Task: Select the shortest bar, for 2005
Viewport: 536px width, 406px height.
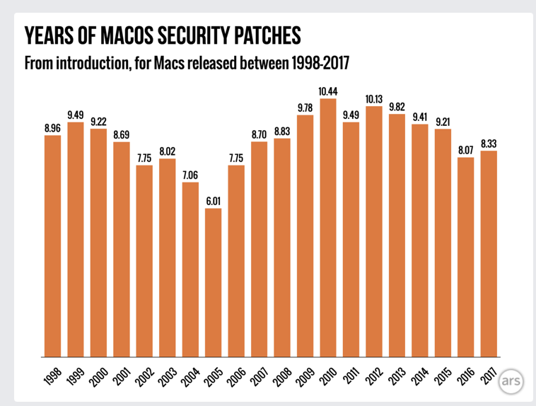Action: [214, 283]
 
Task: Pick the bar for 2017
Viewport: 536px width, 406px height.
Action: [489, 254]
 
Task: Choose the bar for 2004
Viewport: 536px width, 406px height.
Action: [190, 269]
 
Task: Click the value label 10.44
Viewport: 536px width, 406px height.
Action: [328, 91]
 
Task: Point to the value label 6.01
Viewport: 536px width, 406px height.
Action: [214, 201]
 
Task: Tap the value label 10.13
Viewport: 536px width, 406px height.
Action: [374, 98]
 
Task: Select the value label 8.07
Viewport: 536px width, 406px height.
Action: [465, 150]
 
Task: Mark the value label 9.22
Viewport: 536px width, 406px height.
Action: [99, 121]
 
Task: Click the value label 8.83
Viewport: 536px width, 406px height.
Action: [282, 131]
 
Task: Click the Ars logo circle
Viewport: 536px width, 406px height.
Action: [511, 382]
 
